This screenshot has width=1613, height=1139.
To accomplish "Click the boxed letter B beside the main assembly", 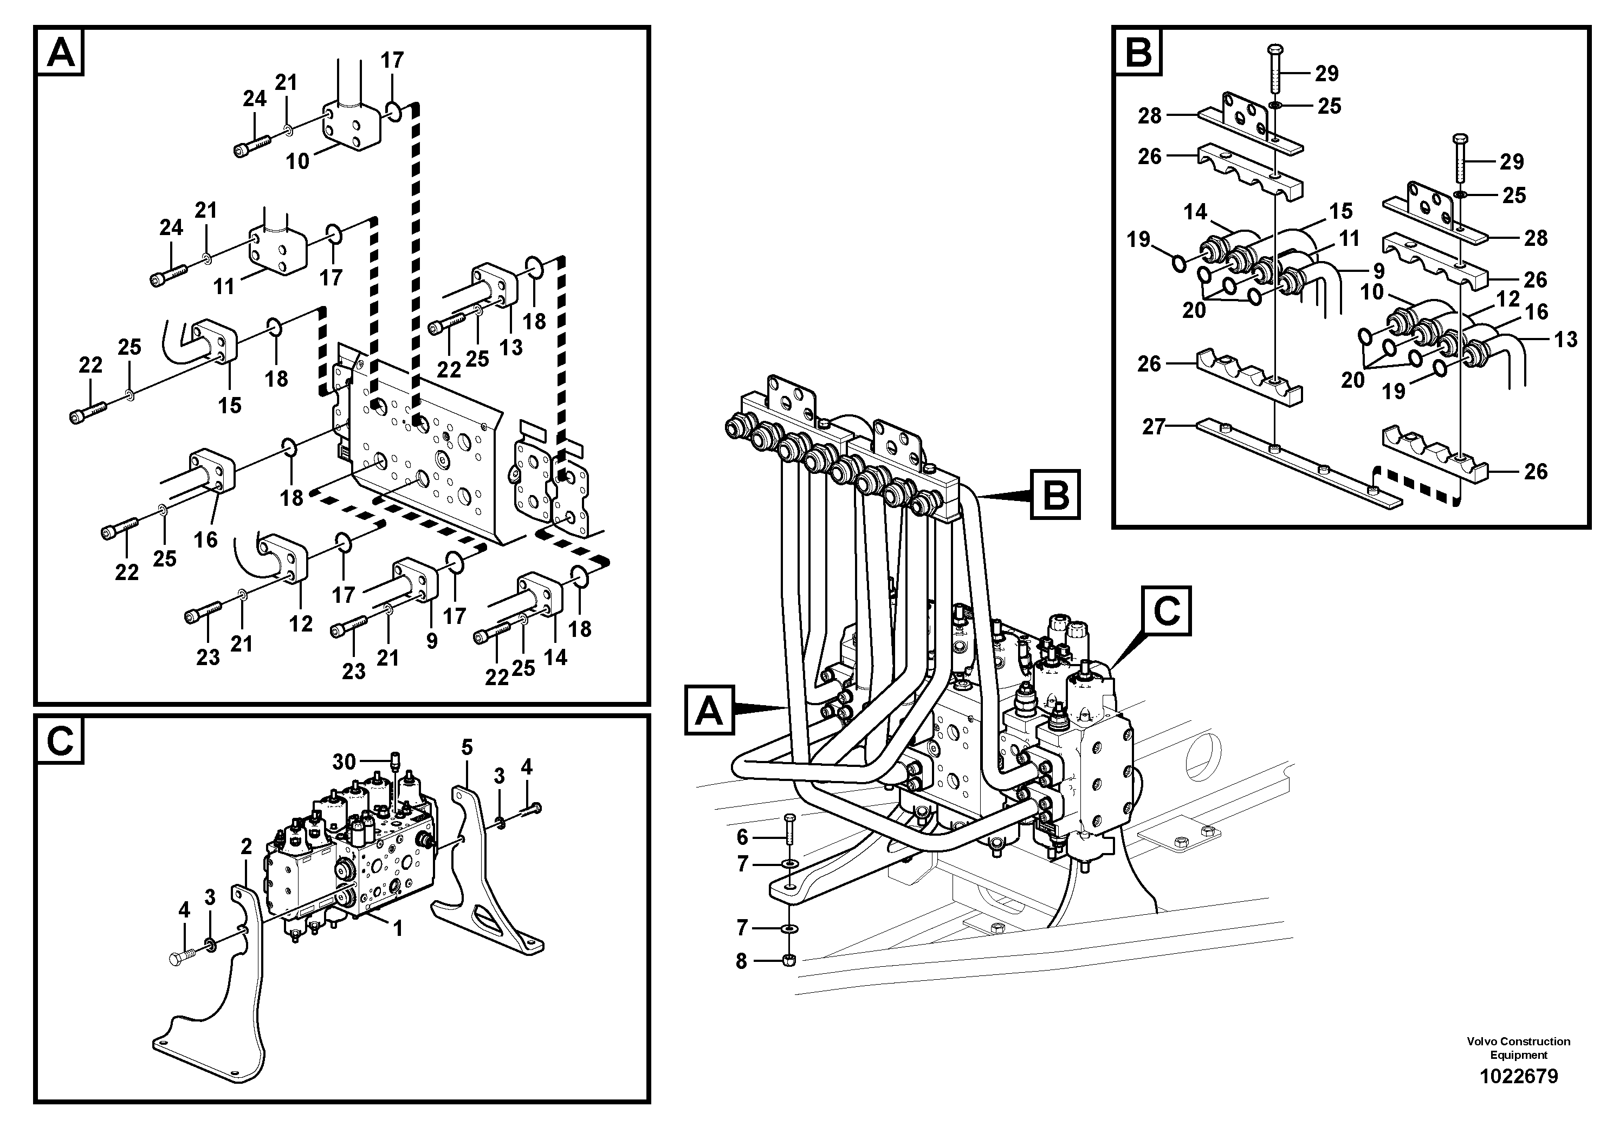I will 1054,495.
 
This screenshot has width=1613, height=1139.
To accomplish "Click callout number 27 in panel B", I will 1154,426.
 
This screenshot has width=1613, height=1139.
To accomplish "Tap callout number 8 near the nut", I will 741,961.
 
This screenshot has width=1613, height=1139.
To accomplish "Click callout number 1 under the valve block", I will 398,928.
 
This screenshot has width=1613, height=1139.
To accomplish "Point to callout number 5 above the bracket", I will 467,747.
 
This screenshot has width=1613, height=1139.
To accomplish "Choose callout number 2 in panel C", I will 246,847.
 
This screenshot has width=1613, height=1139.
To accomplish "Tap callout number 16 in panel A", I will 206,539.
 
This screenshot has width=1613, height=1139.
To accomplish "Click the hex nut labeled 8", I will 789,959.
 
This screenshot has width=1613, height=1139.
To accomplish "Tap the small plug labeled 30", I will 395,760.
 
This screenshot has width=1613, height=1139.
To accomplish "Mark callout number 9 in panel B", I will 1378,270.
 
